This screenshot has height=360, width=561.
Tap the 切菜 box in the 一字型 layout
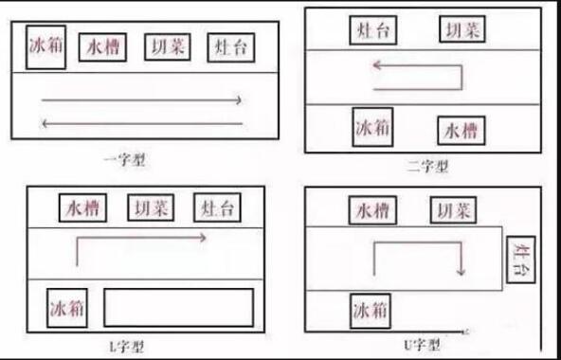[169, 47]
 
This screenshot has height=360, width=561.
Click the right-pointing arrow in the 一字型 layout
[141, 99]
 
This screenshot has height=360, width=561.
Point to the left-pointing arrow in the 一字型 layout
[141, 123]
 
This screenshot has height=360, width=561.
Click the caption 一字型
[127, 160]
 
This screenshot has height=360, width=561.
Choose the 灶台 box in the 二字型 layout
[374, 29]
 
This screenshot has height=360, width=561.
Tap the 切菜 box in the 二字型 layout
[463, 29]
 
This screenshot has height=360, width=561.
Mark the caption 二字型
[427, 167]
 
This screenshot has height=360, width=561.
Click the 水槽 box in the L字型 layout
[84, 207]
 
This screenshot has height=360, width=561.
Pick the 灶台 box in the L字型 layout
[215, 207]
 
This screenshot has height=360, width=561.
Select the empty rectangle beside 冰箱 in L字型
[178, 308]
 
